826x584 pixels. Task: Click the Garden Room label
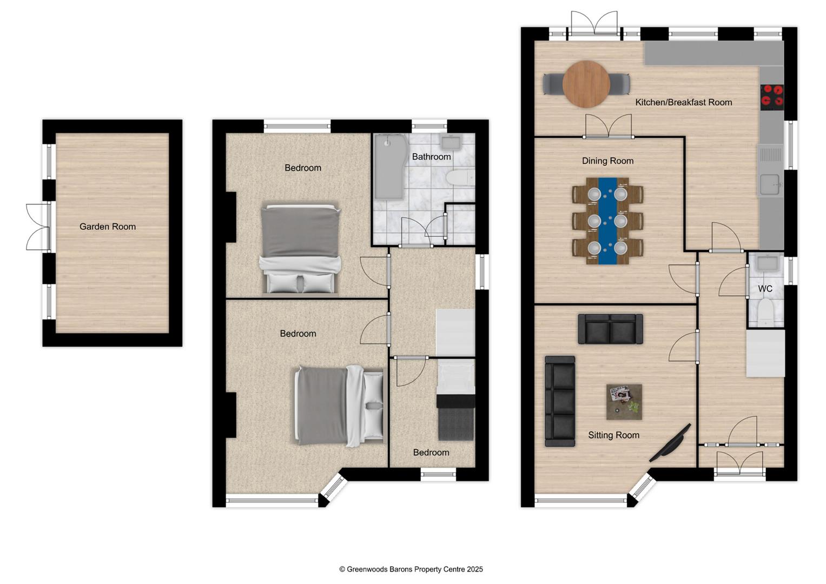pos(108,227)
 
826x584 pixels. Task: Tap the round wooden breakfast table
pos(586,84)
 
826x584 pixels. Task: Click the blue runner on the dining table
pos(607,221)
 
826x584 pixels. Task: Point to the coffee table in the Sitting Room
pos(624,402)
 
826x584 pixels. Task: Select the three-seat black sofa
pos(560,401)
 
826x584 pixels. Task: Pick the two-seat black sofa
pos(610,329)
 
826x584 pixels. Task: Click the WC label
pos(765,289)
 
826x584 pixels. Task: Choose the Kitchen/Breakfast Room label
pos(684,103)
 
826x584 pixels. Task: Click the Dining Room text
pos(607,161)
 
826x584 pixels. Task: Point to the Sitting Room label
pos(613,435)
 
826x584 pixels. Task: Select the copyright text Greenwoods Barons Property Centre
pos(411,569)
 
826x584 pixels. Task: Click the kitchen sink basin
pos(769,183)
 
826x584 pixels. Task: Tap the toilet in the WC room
pos(766,313)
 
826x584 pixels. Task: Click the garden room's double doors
pos(38,227)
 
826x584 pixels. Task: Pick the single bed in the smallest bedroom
pos(456,400)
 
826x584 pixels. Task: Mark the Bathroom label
pos(432,157)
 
